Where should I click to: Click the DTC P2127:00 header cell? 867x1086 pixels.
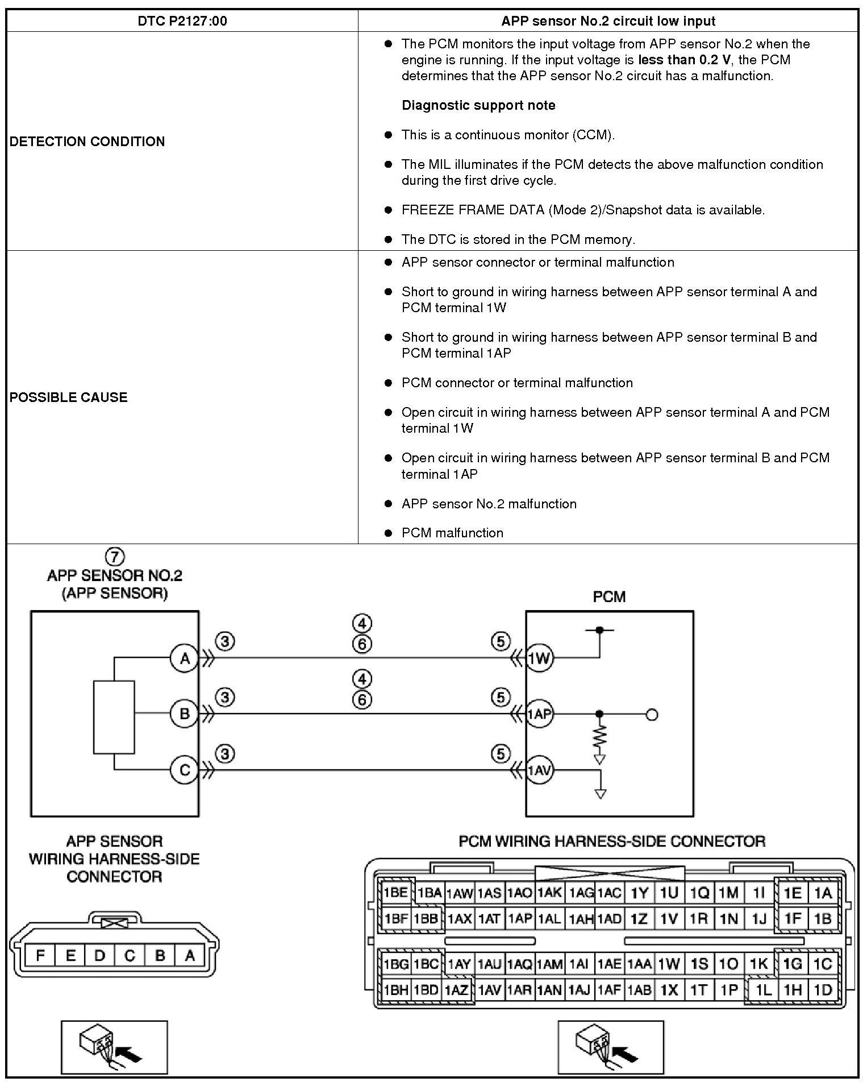(182, 21)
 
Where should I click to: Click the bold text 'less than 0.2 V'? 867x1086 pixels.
(684, 60)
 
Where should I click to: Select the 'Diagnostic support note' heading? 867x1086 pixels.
(478, 105)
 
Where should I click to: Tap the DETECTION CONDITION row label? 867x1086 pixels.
(87, 142)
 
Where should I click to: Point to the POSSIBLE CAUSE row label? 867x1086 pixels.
(68, 397)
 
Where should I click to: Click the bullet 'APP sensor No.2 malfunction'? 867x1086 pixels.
(489, 504)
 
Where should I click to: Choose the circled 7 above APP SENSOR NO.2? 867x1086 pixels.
(115, 556)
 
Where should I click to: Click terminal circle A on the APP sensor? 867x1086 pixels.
(185, 658)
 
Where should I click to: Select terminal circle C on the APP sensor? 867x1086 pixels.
(185, 770)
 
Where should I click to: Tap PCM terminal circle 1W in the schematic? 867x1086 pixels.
(539, 658)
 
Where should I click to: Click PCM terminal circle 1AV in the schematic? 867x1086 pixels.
(539, 770)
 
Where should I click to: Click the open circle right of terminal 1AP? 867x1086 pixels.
(652, 714)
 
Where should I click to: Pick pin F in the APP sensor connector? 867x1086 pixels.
(40, 955)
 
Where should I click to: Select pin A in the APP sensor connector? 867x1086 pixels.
(190, 955)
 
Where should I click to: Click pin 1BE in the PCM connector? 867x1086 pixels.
(395, 893)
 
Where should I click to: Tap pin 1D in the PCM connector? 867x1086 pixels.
(823, 990)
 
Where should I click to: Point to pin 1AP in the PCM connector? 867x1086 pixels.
(519, 918)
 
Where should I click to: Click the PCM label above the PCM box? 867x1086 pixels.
(609, 596)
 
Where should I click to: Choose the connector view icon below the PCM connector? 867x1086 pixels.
(610, 1047)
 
